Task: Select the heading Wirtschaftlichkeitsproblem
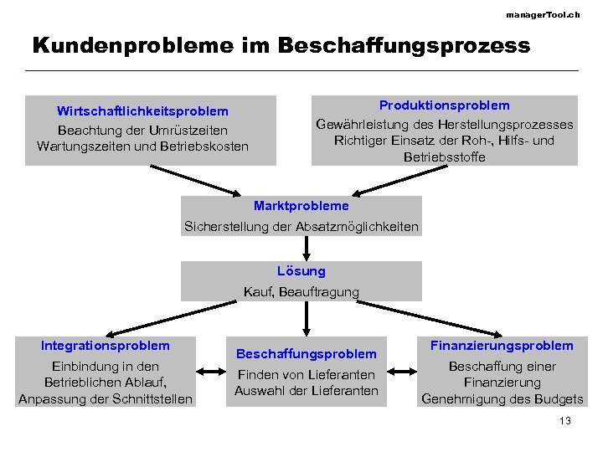142,111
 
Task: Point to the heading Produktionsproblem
445,105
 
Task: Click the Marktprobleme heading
301,206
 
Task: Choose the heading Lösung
301,271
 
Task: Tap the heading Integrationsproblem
106,346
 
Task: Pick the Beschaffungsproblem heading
307,354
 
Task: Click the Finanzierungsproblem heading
502,346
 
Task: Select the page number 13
564,421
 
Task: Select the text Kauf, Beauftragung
301,292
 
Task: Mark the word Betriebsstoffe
444,157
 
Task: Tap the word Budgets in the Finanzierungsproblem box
559,398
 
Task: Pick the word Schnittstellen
151,398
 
